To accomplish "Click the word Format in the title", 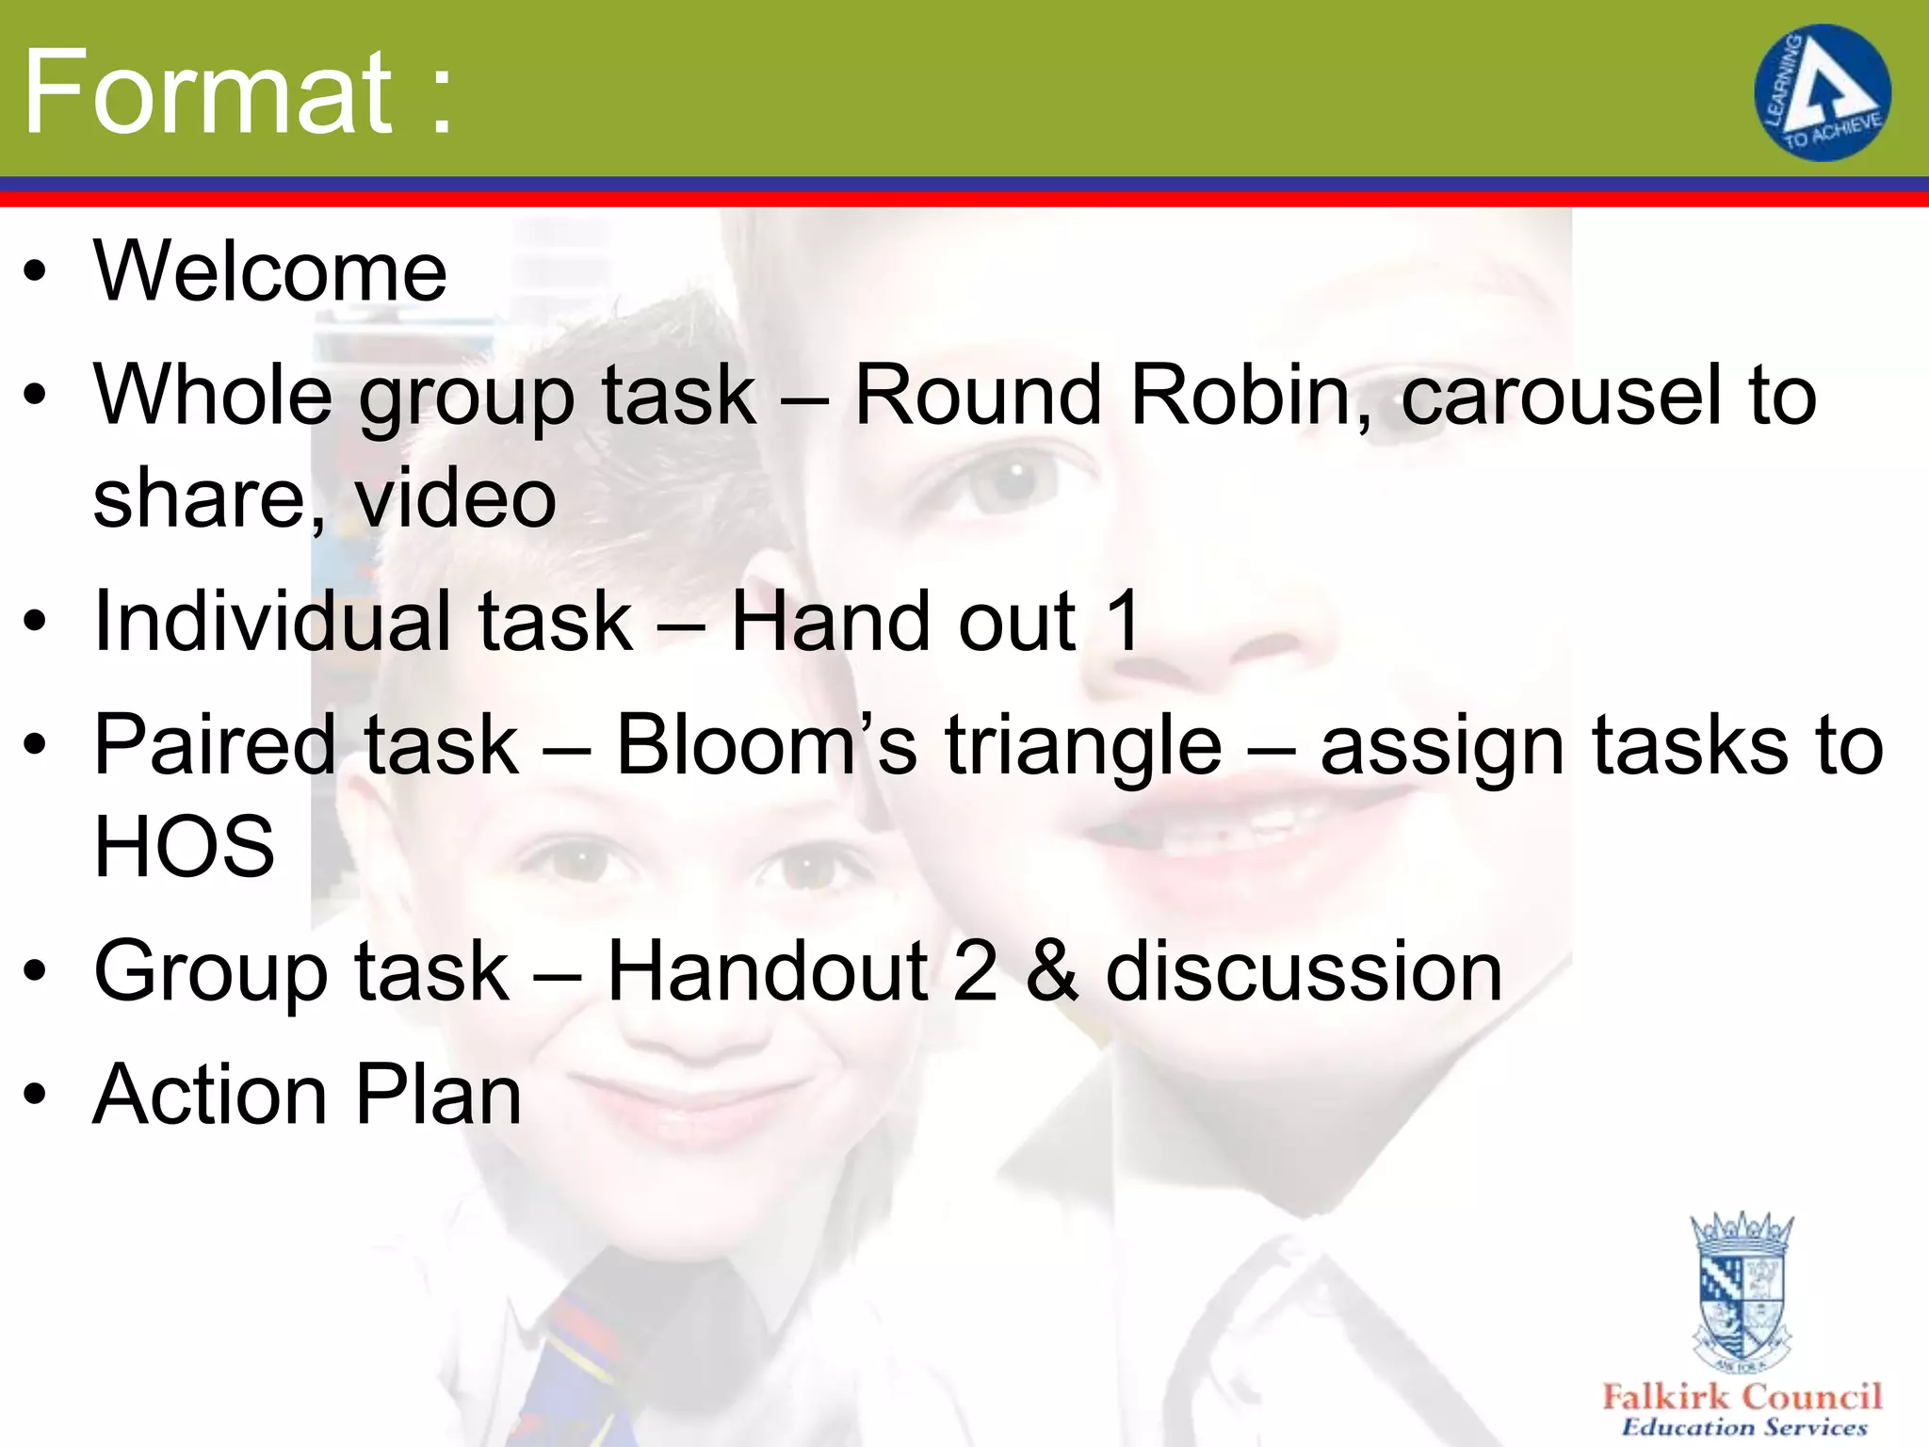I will coord(207,92).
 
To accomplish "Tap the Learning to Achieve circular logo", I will coord(1822,92).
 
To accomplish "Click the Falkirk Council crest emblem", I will coord(1742,1291).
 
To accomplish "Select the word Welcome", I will coord(270,271).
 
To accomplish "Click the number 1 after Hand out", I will coord(1123,621).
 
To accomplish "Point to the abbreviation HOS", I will coord(185,846).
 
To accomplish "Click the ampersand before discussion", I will coord(1051,971).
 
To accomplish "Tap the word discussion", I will coord(1304,971).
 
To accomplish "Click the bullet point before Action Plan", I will coord(35,1096).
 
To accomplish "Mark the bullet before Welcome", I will coord(35,272).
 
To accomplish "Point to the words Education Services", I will coord(1743,1427).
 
